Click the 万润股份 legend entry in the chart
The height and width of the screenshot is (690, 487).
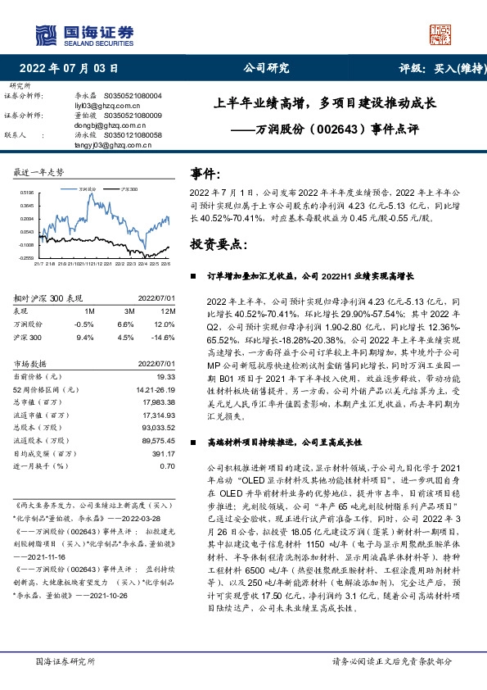(88, 188)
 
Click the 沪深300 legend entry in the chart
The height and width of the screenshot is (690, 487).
(127, 188)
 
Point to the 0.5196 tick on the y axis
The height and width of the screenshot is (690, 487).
(26, 192)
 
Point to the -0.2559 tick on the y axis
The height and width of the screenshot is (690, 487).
(26, 257)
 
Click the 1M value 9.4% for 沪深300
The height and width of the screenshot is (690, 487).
(84, 336)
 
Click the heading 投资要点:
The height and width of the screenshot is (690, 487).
(216, 244)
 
